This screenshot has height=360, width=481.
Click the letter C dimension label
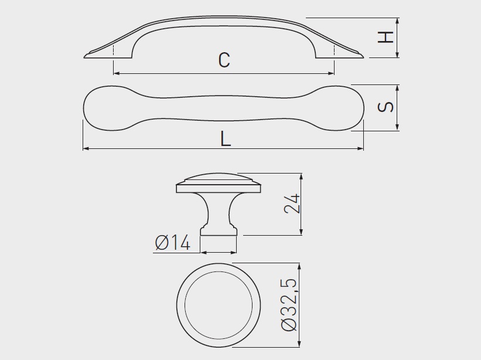click(224, 60)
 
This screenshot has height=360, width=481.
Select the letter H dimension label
click(386, 37)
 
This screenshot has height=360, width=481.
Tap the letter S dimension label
click(386, 107)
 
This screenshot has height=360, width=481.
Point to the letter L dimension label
click(226, 139)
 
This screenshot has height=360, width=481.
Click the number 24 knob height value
click(292, 203)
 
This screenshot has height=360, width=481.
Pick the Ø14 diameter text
click(173, 243)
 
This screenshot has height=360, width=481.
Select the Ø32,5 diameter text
click(289, 304)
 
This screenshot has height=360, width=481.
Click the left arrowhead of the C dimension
click(117, 74)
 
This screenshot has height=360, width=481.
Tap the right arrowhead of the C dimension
click(330, 74)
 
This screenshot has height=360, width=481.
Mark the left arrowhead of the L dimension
click(86, 148)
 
